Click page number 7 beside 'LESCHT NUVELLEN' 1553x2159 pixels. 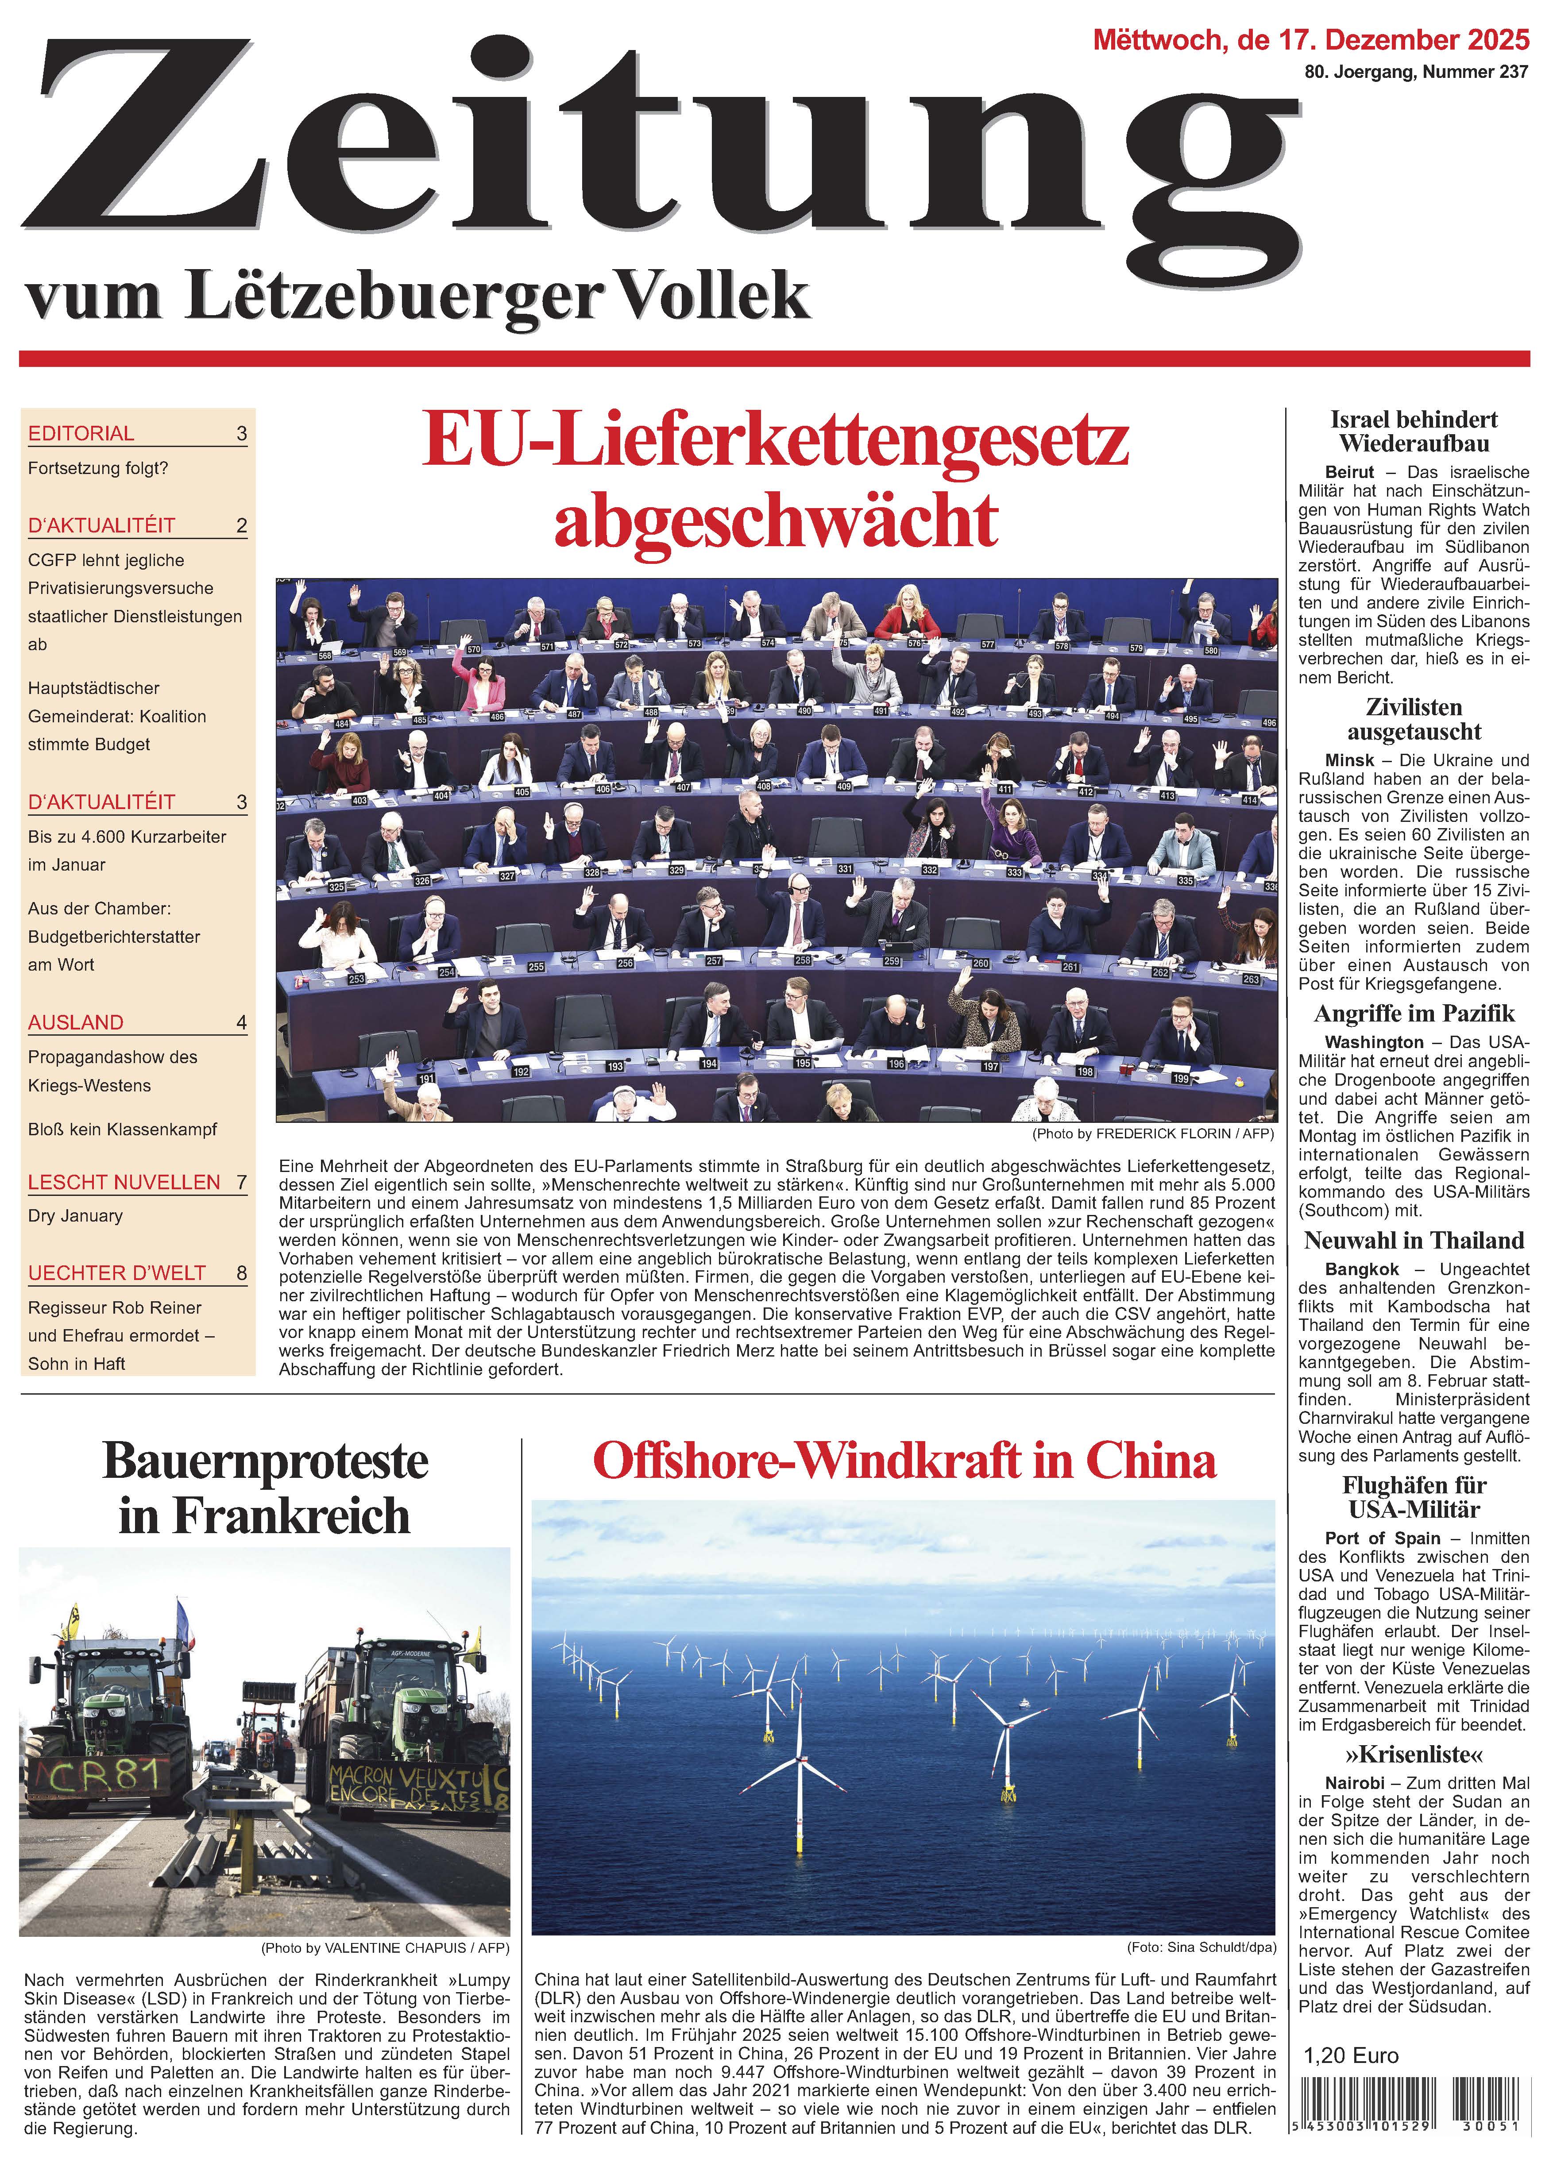tap(242, 1182)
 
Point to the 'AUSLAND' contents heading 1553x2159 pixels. tap(76, 1022)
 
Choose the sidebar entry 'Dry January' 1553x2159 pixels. tap(75, 1216)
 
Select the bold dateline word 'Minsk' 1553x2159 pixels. tap(1349, 760)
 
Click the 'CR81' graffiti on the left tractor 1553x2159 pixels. tap(96, 1776)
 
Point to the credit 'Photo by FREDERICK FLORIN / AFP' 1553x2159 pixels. tap(1152, 1134)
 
